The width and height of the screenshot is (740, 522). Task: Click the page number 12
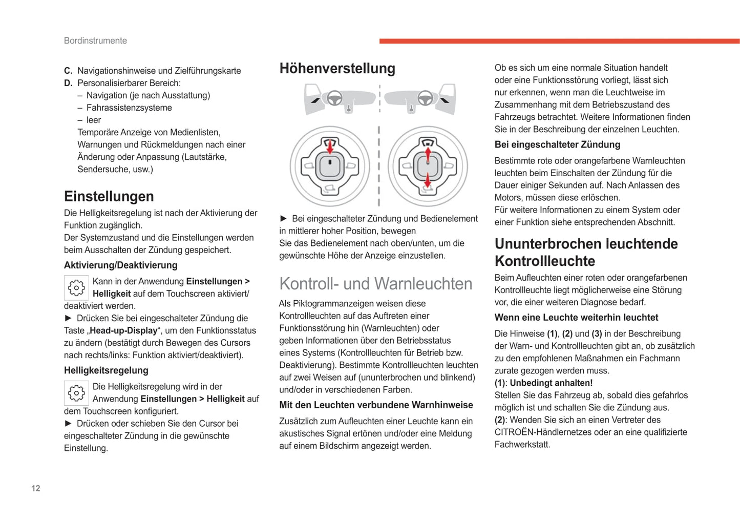point(36,488)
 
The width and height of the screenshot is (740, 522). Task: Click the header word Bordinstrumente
point(95,40)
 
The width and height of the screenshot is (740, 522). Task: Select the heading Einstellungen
point(109,196)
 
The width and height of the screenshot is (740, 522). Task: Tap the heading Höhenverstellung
point(337,68)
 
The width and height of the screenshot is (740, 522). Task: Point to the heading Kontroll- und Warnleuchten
point(375,284)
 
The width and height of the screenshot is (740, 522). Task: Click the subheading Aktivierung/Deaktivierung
point(120,265)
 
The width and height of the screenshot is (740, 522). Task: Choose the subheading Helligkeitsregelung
point(106,370)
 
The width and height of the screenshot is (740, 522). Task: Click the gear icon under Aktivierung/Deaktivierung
point(76,288)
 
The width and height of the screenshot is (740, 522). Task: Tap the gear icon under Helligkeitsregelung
point(76,393)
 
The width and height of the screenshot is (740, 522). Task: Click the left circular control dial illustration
point(330,166)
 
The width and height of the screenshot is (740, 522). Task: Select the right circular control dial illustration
point(428,166)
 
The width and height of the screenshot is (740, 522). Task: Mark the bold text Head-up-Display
point(123,330)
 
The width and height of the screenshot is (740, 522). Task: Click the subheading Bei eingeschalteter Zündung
point(557,144)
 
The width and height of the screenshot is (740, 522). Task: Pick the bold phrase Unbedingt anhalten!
point(551,383)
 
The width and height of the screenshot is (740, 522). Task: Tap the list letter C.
point(68,71)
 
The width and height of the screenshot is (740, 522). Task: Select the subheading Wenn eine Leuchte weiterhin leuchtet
point(576,318)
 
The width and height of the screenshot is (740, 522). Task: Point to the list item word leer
point(94,120)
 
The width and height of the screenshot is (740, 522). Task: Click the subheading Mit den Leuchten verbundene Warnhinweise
point(376,405)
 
